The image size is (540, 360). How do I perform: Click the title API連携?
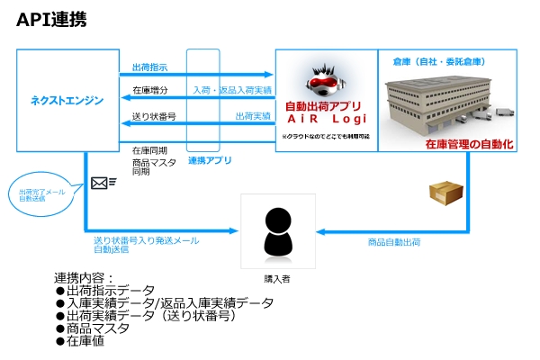coord(51,21)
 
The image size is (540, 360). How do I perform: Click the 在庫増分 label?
coord(148,90)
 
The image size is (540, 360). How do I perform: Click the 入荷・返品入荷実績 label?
coord(234,90)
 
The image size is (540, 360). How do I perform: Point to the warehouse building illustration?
coord(441,102)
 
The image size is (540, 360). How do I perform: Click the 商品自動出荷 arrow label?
coord(394,241)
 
